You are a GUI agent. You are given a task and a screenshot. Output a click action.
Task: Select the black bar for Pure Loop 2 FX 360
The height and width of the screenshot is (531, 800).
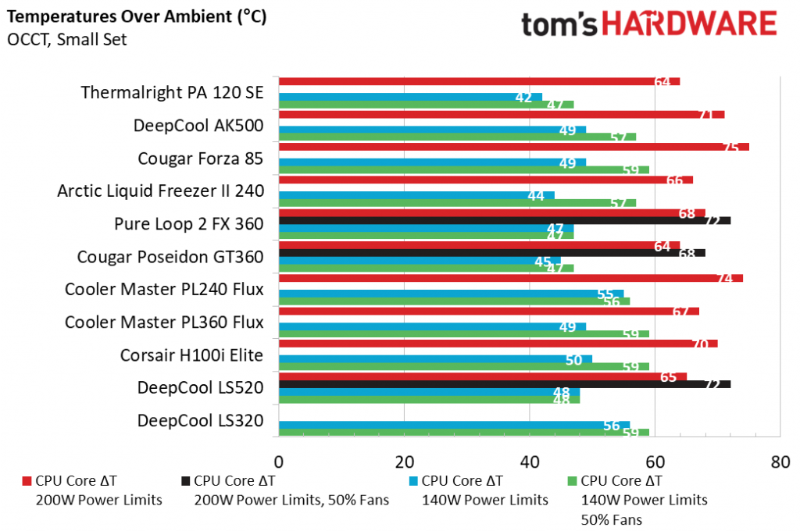pos(504,220)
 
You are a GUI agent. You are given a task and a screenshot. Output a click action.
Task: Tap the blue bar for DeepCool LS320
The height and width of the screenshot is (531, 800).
pos(453,425)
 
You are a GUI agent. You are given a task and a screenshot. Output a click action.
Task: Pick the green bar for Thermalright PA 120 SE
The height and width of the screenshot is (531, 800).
pos(426,105)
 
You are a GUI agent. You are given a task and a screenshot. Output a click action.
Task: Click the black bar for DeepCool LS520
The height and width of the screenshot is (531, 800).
pos(504,384)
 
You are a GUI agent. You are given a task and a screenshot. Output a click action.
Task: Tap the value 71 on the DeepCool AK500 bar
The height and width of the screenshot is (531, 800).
pos(705,115)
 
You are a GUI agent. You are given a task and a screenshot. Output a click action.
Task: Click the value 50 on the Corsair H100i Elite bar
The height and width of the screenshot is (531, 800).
pos(573,359)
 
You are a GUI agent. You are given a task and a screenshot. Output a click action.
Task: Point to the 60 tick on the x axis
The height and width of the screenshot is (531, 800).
pos(655,462)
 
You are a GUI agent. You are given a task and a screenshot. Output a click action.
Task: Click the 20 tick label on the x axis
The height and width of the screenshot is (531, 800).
pos(404,462)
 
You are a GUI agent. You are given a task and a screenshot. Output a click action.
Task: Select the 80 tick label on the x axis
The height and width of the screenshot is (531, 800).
pos(780,462)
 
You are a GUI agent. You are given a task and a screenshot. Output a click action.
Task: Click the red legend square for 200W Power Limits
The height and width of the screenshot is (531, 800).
pos(27,481)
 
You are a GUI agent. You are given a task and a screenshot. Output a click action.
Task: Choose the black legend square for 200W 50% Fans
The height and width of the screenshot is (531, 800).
pos(184,481)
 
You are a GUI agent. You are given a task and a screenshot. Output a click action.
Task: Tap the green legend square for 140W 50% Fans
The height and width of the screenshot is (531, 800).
pos(572,481)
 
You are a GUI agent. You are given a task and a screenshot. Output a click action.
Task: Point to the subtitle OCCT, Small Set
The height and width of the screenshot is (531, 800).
pos(67,40)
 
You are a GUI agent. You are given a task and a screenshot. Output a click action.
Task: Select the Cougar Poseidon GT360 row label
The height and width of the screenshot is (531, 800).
pos(170,256)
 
